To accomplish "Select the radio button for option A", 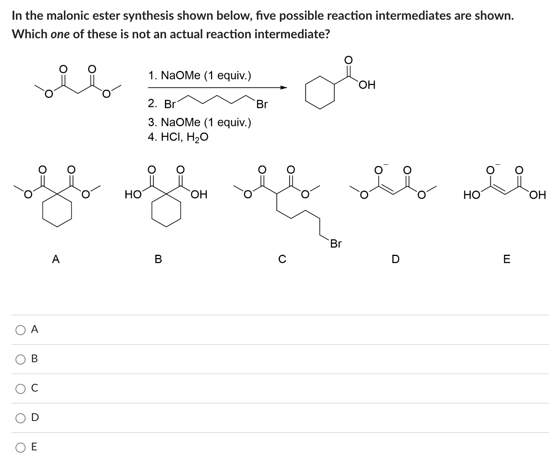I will click(21, 330).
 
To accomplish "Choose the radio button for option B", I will click(21, 359).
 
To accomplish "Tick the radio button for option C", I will click(21, 389).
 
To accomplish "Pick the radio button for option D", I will click(21, 418).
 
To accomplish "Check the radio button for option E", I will click(21, 447).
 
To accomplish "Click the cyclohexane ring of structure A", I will click(57, 210).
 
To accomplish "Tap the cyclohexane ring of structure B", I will click(166, 210).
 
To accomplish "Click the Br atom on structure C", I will click(336, 244).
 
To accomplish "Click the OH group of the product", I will click(367, 85).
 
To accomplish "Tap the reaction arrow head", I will click(284, 87).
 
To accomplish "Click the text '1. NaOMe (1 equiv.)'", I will click(200, 75).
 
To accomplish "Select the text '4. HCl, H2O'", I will click(178, 137).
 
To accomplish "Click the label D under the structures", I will click(395, 259).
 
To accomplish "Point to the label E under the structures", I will click(507, 259).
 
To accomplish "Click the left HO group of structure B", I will click(133, 194).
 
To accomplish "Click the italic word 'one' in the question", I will click(60, 34).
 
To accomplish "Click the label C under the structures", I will click(282, 259).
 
